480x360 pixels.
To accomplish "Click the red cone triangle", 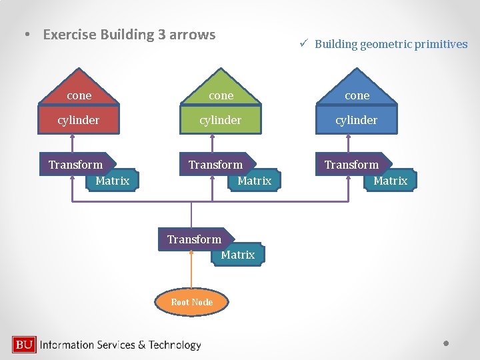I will (x=79, y=91).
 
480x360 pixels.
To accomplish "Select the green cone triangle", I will (x=221, y=91).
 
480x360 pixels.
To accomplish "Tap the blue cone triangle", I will (x=357, y=91).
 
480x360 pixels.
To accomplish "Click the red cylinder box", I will (x=79, y=120).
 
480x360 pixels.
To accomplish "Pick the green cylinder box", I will (x=221, y=120).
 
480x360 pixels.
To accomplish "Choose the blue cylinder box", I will (x=357, y=120).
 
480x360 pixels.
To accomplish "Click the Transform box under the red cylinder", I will (x=76, y=165).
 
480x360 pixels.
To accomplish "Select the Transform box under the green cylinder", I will (x=216, y=165).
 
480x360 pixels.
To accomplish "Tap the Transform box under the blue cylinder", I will (x=352, y=165).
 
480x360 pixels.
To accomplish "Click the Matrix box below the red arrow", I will (x=113, y=181).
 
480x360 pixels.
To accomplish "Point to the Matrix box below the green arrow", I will (x=254, y=181).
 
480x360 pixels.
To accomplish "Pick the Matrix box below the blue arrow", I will (x=390, y=181).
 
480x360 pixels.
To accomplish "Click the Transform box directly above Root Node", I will (x=194, y=239).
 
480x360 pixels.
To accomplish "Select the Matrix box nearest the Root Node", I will (x=238, y=255).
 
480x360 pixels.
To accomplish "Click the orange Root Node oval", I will (x=192, y=302).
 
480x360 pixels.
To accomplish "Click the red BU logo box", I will (x=24, y=345).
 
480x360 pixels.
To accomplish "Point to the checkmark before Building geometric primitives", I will (x=302, y=44).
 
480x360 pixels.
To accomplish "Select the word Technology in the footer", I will (x=175, y=345).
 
